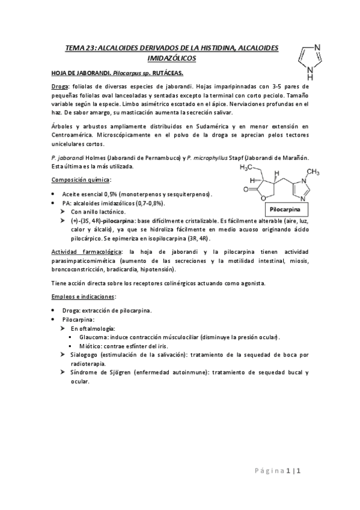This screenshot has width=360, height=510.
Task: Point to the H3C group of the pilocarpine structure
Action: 248,167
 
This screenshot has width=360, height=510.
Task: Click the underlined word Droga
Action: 60,87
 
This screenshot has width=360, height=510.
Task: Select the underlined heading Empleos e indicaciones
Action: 83,297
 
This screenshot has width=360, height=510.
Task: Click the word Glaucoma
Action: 94,337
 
